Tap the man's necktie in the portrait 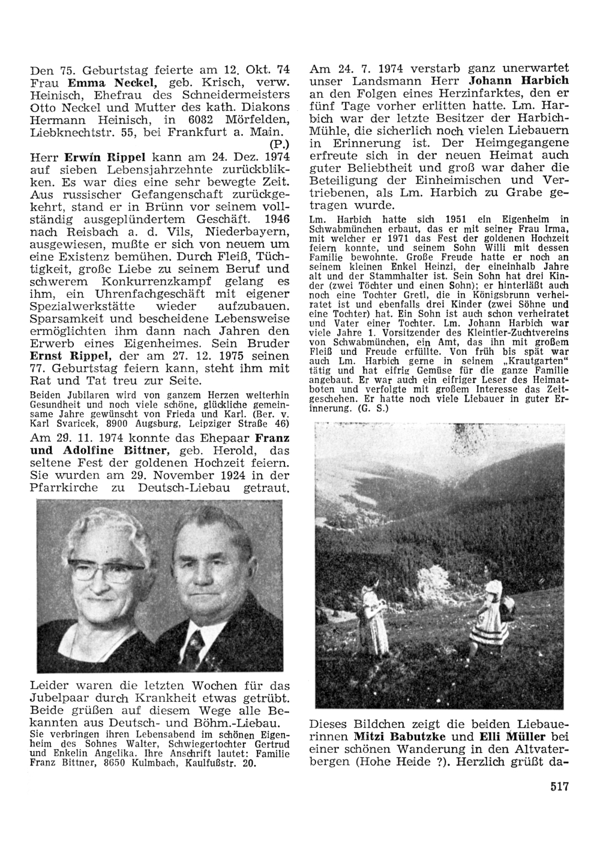pyautogui.click(x=194, y=647)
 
